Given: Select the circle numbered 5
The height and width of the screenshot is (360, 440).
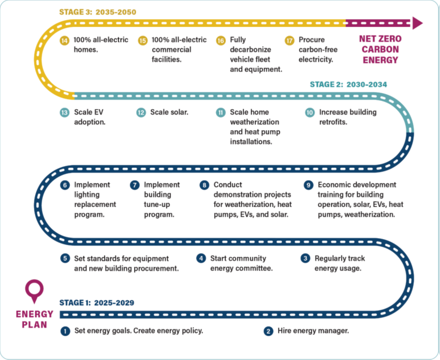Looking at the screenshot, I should click(x=65, y=259).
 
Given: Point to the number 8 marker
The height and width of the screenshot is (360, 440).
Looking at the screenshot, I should click(x=205, y=185).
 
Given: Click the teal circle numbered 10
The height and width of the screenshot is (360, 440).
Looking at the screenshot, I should click(x=310, y=112).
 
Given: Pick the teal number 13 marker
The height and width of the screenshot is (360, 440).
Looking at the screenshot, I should click(x=65, y=112).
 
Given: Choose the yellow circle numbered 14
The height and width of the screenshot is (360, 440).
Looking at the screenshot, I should click(x=65, y=40).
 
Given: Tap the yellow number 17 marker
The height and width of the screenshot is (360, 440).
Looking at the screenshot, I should click(x=289, y=40).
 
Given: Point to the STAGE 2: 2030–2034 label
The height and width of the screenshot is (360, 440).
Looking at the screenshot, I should click(x=348, y=84).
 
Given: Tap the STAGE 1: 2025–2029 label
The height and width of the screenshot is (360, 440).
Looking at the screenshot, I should click(x=97, y=302).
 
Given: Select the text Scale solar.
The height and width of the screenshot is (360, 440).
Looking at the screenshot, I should click(x=169, y=112).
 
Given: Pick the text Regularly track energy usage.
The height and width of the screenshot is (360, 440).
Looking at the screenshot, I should click(x=339, y=263).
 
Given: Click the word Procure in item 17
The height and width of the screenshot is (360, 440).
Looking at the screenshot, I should click(x=311, y=40).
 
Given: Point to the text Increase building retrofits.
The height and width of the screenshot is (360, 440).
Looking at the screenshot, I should click(x=348, y=117).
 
